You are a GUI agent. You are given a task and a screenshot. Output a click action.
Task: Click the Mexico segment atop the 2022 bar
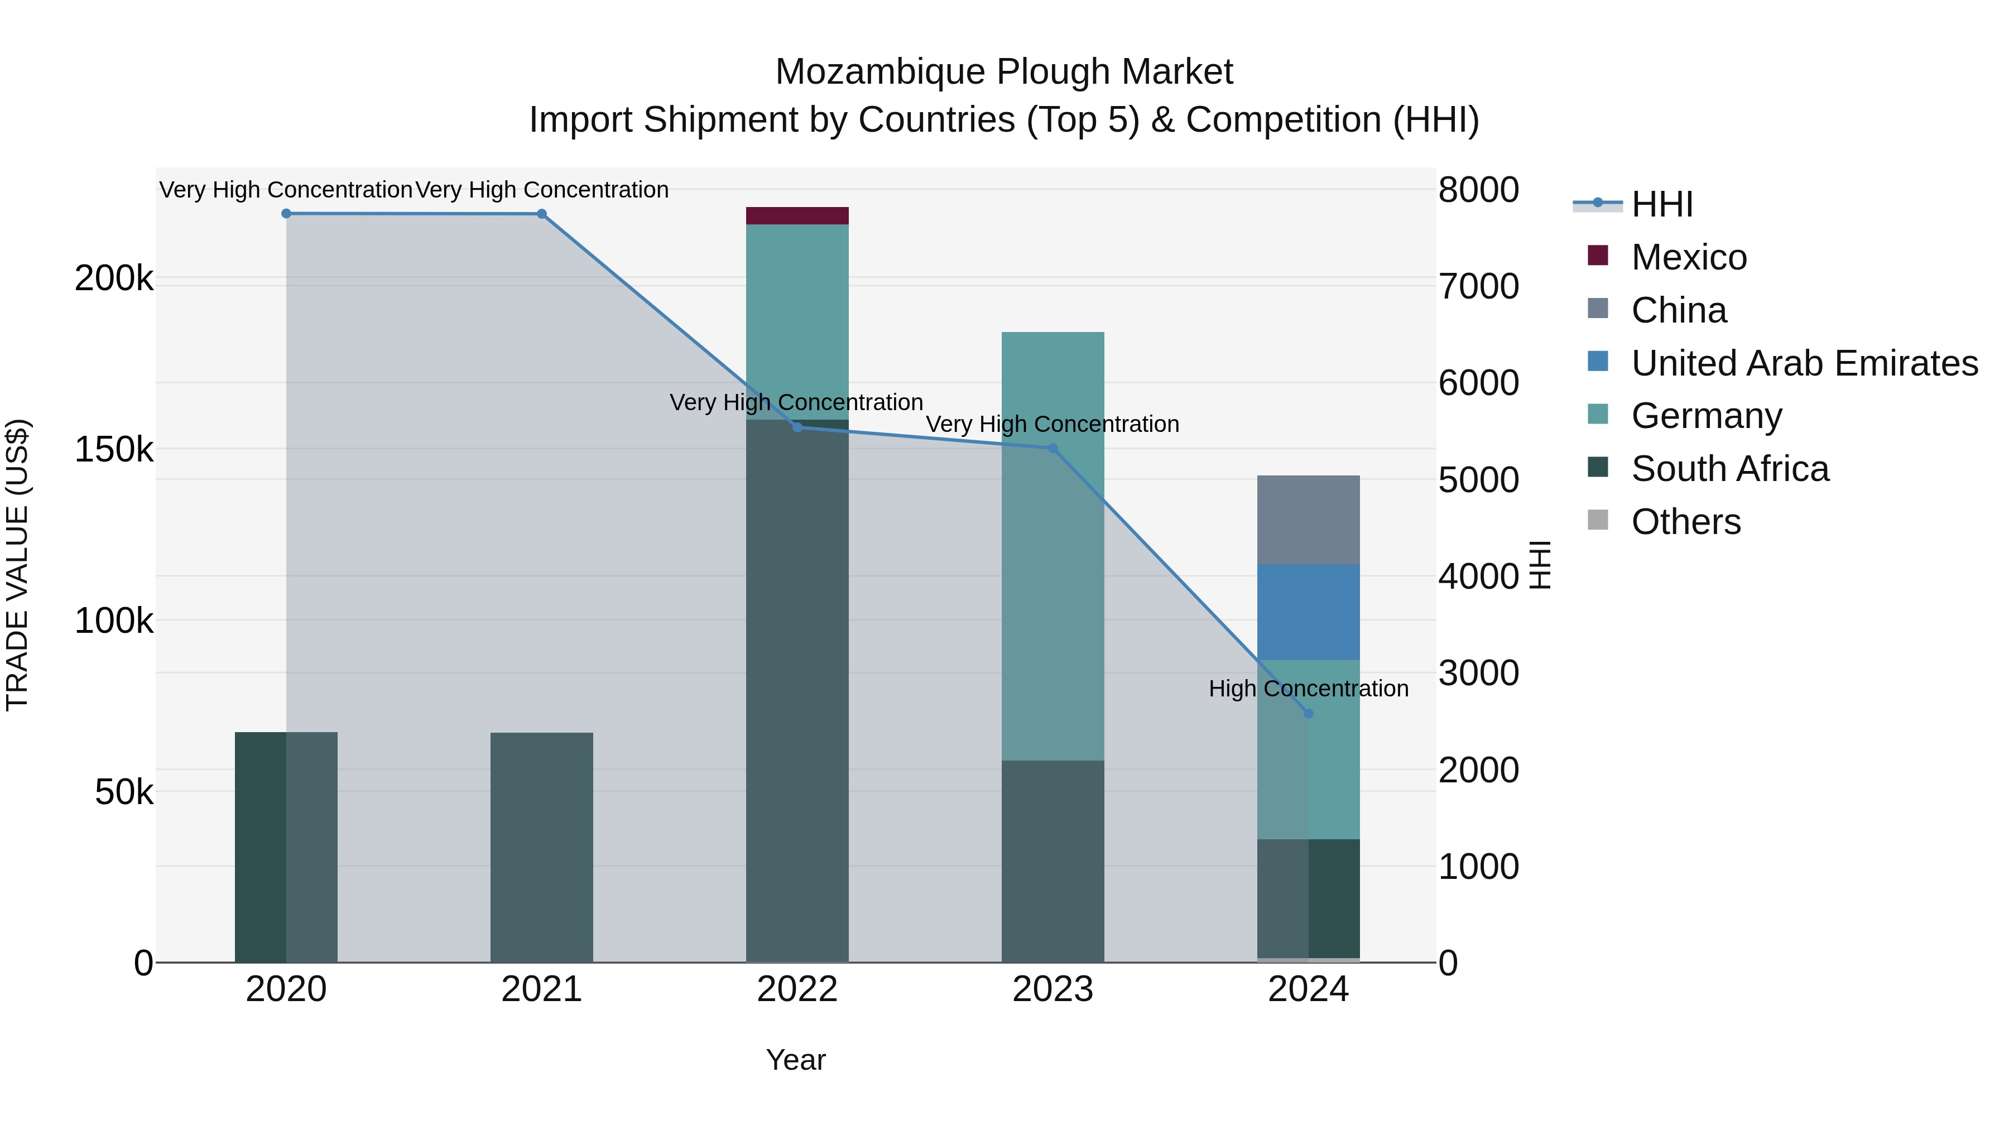[x=797, y=216]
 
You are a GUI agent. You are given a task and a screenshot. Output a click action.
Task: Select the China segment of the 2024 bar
[x=1308, y=520]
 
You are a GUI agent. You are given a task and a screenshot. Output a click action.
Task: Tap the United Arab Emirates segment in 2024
[x=1308, y=612]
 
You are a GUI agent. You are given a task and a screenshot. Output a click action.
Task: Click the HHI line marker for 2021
[x=542, y=214]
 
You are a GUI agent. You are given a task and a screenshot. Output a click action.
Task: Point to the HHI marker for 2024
[x=1309, y=714]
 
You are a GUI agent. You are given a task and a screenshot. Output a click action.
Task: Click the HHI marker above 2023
[x=1053, y=449]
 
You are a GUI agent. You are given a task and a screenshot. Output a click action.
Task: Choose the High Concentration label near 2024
[x=1309, y=689]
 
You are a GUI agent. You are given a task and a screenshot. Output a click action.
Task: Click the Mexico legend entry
[x=1689, y=257]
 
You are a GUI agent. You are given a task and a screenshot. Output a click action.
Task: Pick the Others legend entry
[x=1685, y=522]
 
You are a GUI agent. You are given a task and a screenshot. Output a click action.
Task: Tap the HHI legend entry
[x=1661, y=204]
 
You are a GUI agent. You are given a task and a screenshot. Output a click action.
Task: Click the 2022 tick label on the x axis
[x=797, y=989]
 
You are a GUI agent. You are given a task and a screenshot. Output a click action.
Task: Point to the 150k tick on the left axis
[x=114, y=450]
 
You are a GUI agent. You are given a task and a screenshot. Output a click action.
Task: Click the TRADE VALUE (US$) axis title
[x=17, y=565]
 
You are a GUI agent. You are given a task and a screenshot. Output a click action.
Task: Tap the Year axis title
[x=795, y=1060]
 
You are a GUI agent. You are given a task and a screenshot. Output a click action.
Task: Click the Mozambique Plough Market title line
[x=1004, y=72]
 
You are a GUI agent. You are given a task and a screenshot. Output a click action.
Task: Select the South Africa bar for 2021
[x=542, y=847]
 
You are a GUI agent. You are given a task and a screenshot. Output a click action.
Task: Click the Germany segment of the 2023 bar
[x=1053, y=546]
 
